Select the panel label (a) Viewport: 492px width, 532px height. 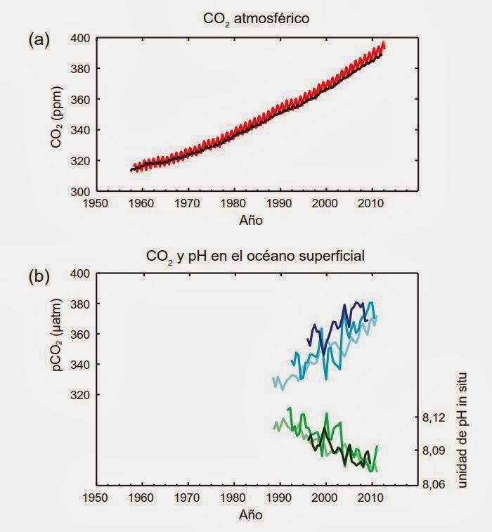pos(39,40)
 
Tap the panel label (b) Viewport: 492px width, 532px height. pos(39,276)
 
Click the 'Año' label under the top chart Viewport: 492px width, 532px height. pos(250,220)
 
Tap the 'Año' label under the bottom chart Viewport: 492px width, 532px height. pos(250,514)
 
